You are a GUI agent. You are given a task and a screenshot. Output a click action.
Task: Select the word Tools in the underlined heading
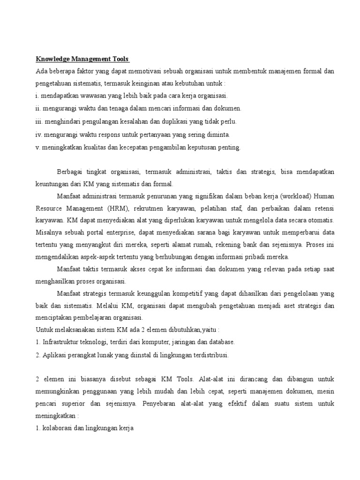click(x=120, y=59)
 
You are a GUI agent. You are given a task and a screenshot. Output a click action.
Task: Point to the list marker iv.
click(x=39, y=135)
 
